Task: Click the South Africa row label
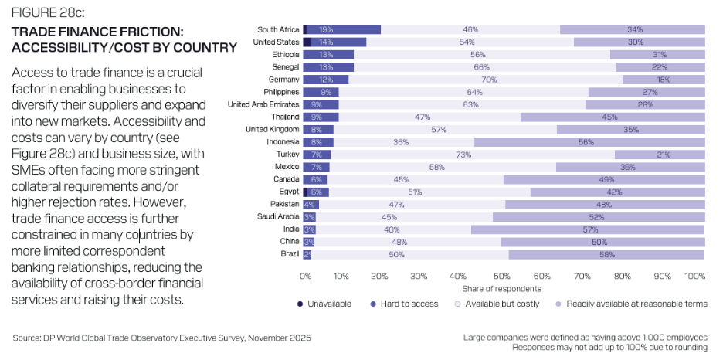tap(278, 29)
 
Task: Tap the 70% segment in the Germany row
tap(487, 80)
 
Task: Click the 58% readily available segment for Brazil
tap(606, 254)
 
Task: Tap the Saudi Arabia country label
tap(277, 217)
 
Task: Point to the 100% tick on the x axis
tap(695, 276)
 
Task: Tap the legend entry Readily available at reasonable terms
tap(636, 304)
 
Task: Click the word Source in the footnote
tap(29, 338)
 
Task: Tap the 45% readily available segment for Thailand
tap(610, 117)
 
